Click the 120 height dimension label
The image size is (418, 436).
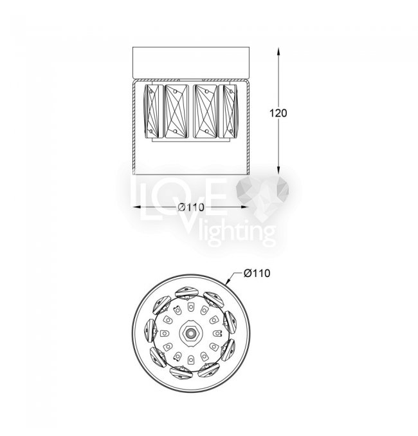click(278, 113)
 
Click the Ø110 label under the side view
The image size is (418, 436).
click(191, 207)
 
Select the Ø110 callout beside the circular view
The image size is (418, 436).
click(257, 273)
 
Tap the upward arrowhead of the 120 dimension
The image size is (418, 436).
click(278, 52)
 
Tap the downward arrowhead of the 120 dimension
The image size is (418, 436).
click(278, 170)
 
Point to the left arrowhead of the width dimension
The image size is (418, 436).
click(137, 207)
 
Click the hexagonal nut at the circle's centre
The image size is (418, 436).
click(190, 332)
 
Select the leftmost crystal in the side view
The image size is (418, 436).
click(151, 111)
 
